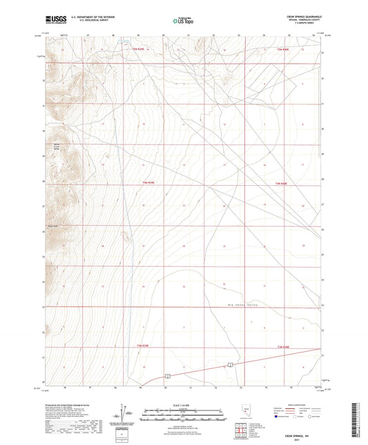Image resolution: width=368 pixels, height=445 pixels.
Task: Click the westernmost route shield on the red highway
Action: [x=167, y=376]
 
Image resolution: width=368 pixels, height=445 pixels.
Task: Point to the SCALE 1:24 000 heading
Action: [x=183, y=404]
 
